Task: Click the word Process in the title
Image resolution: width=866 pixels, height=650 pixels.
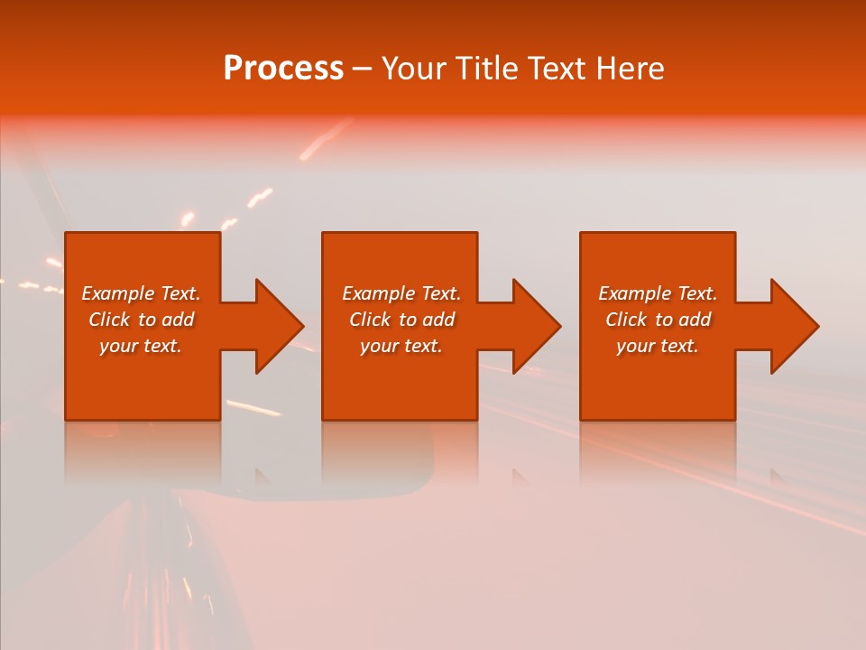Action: click(283, 69)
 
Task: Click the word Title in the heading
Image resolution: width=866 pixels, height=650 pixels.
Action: click(488, 69)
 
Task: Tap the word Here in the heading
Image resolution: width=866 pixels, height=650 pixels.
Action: click(628, 69)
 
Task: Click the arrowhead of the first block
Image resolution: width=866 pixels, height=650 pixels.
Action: click(279, 326)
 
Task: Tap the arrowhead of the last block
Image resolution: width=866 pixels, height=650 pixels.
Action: click(794, 326)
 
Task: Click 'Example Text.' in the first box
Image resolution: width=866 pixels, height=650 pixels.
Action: click(141, 293)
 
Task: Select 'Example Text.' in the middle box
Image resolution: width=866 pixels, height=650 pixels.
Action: click(401, 293)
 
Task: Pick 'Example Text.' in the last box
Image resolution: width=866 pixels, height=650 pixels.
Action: click(658, 293)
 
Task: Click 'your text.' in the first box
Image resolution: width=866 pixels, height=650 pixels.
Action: click(141, 346)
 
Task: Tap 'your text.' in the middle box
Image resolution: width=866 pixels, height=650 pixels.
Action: click(401, 346)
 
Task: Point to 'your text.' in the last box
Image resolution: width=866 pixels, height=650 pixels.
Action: click(658, 346)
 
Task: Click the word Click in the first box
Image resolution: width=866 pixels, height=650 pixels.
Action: click(109, 320)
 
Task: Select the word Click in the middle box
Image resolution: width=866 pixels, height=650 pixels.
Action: click(370, 320)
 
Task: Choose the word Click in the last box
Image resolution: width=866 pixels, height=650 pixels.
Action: click(626, 320)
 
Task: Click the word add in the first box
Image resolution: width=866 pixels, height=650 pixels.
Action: click(178, 320)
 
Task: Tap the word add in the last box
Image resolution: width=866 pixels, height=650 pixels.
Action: click(695, 320)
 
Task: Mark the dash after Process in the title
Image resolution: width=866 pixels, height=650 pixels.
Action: click(362, 70)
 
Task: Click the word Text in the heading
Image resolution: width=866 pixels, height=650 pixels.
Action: click(555, 69)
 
